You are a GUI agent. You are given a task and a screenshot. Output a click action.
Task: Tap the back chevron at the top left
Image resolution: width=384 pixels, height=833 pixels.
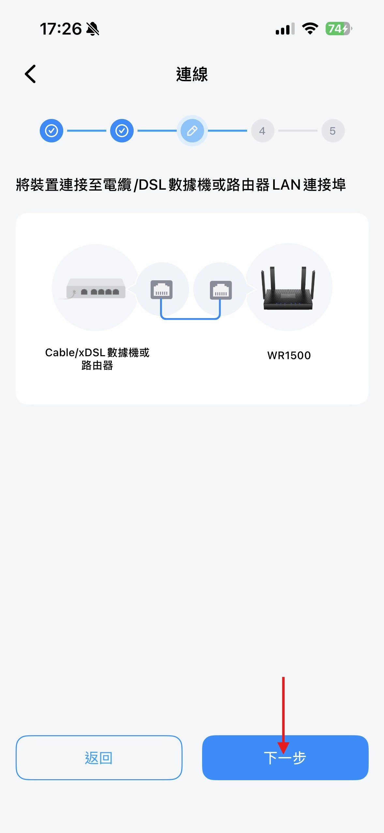(30, 74)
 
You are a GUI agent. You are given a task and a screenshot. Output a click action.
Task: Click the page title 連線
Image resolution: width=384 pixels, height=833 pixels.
(192, 74)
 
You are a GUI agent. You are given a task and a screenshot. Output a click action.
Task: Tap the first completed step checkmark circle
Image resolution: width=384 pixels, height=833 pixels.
(52, 131)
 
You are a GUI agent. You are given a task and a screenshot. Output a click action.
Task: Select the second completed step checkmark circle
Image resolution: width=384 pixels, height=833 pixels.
(122, 131)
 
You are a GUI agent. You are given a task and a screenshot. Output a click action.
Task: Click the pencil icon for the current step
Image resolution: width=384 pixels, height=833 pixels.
(192, 131)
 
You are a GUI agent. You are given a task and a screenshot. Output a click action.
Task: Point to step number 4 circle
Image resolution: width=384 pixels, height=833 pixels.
(262, 131)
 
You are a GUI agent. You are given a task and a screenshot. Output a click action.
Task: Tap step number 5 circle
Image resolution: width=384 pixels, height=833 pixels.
(332, 131)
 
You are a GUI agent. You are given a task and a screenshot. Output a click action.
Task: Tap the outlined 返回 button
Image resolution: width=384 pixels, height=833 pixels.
(99, 758)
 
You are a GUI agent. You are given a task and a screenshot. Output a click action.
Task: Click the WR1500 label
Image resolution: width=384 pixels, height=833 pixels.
(289, 355)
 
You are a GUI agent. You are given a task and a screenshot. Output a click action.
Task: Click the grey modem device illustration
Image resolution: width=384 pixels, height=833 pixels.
(96, 288)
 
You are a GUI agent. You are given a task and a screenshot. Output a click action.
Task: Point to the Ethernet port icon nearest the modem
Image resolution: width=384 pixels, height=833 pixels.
(161, 290)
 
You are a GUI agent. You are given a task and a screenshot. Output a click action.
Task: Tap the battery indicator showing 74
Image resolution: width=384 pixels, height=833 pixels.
(338, 29)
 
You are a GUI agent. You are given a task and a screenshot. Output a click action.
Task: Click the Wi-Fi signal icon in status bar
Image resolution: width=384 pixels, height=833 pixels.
(310, 29)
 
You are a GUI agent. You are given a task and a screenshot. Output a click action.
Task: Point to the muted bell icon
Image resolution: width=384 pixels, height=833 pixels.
(93, 29)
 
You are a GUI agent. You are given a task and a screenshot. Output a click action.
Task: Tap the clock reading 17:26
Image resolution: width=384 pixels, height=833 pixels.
(61, 29)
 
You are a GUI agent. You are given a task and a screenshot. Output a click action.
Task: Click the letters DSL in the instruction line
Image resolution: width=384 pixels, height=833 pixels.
(153, 185)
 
